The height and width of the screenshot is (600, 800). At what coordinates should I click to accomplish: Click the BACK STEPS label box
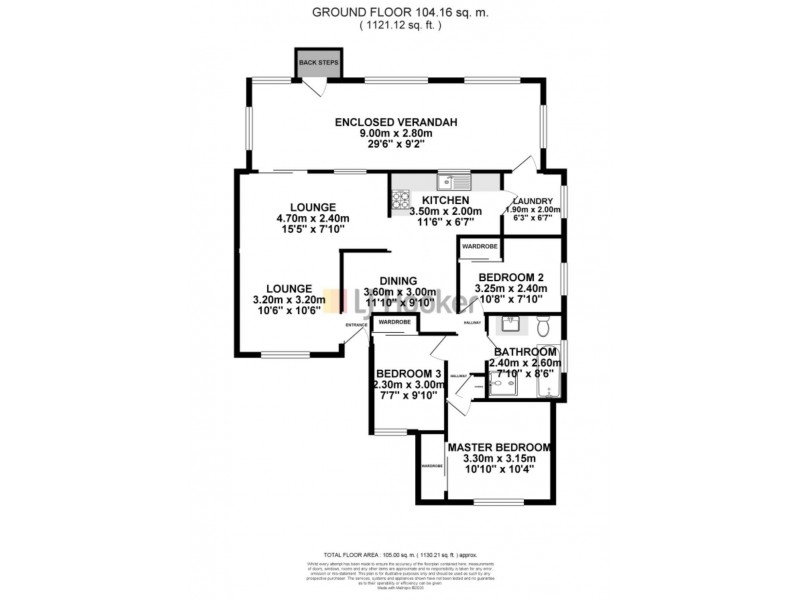pos(318,62)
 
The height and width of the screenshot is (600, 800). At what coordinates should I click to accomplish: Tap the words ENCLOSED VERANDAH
pos(396,122)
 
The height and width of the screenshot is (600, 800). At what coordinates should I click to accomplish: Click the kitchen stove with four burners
pos(402,200)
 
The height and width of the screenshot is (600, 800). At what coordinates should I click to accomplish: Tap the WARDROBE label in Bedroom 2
pos(480,246)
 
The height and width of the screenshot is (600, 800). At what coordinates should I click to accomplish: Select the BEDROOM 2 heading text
pos(511,277)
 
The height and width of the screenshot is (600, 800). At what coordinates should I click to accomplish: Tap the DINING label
pos(396,281)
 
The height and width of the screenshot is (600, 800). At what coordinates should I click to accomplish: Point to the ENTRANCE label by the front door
pos(355,325)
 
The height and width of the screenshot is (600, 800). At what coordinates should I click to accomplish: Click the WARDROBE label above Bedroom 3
pos(396,323)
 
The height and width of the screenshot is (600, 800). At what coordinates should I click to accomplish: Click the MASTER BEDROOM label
pos(499,447)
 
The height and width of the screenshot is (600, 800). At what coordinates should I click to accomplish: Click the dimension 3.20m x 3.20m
pos(295,298)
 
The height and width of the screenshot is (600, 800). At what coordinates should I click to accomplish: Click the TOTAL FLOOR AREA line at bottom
pos(400,554)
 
